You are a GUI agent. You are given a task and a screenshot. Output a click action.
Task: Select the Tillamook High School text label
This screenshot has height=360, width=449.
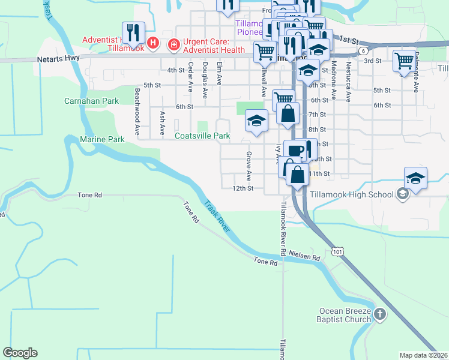(352, 194)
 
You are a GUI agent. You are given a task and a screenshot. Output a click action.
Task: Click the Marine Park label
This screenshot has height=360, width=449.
(102, 139)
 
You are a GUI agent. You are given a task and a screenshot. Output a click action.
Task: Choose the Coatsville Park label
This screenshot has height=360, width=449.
(202, 136)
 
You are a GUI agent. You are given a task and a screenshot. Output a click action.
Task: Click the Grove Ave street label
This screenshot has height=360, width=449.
(249, 167)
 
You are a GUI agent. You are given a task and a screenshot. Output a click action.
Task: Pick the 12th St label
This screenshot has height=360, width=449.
(243, 188)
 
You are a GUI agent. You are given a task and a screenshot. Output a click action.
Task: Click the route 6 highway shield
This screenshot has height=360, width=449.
(364, 51)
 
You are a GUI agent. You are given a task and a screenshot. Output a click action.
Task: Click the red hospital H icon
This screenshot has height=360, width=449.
(153, 43)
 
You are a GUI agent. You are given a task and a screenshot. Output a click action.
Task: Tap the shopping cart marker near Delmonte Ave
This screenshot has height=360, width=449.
(404, 61)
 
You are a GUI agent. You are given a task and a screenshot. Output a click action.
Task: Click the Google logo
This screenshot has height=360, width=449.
(20, 353)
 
